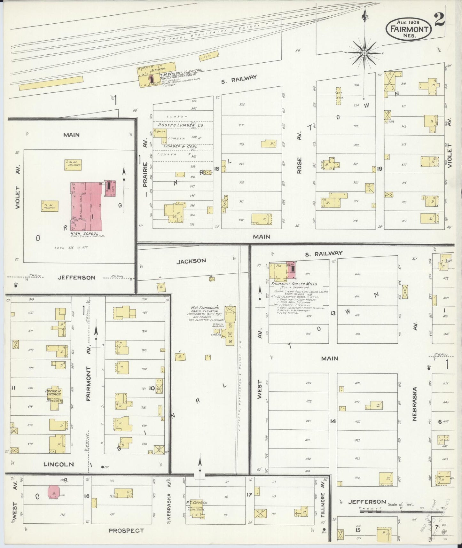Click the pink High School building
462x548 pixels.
pos(86,206)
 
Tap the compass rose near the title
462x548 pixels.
pos(364,53)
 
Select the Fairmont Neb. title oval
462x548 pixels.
pos(409,29)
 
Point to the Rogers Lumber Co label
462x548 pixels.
pos(180,125)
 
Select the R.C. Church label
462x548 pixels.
pos(199,503)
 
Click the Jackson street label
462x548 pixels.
pos(192,261)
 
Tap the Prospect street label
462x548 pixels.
pos(126,530)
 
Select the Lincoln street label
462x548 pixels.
pos(59,464)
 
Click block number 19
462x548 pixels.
pos(380,169)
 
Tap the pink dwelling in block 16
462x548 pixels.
pos(53,492)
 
